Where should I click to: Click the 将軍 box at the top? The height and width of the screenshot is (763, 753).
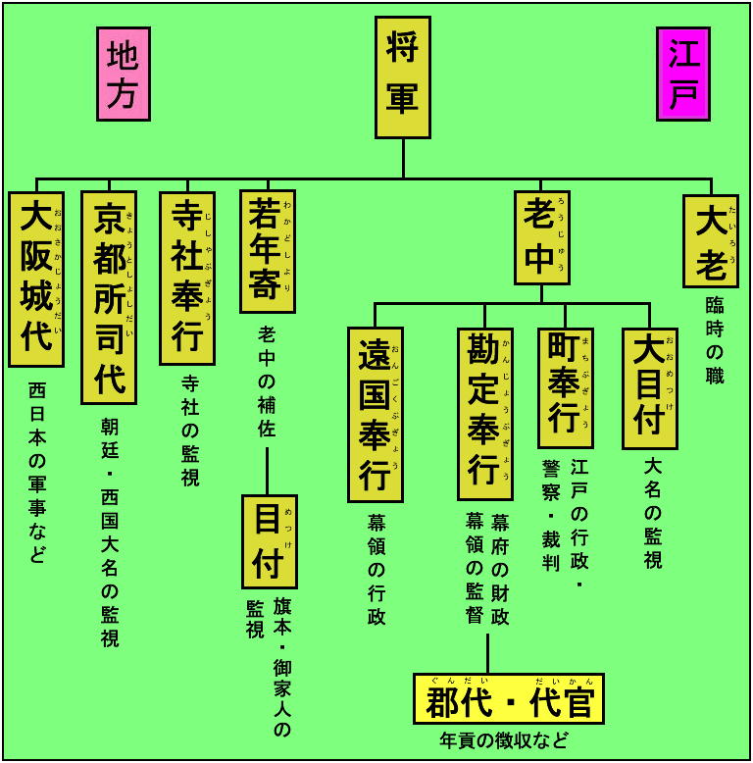tap(402, 77)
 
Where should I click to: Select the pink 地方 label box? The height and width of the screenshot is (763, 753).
tap(124, 75)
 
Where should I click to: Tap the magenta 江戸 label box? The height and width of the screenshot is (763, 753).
tap(683, 75)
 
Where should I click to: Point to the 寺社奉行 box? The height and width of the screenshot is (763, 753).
tap(186, 278)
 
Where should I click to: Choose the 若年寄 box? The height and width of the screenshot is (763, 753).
tap(267, 251)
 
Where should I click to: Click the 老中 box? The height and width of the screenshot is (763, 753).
tap(541, 236)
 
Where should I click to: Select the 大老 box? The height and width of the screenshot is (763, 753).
tap(711, 240)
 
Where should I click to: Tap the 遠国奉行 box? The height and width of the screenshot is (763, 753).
tap(375, 413)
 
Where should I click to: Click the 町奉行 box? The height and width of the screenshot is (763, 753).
tap(565, 387)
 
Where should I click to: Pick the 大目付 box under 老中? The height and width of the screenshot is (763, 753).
tap(649, 388)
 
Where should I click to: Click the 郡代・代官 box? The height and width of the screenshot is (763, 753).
tap(508, 698)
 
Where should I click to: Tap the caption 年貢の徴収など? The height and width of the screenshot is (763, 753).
tap(504, 739)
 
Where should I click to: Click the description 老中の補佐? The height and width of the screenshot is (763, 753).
tap(267, 381)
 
